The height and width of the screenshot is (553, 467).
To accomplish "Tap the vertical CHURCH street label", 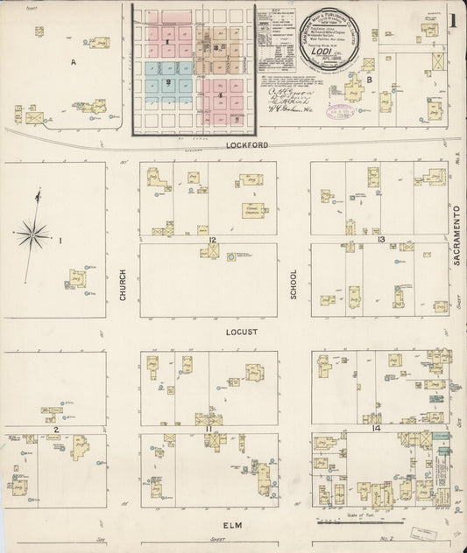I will coord(123,284).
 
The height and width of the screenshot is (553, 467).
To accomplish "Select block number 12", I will coord(213,239).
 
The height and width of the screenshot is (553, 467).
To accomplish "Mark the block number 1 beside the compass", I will coord(60,239).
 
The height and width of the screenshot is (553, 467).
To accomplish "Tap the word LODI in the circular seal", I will coord(323,51).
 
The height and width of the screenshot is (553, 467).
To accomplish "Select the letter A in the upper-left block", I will coord(74,62).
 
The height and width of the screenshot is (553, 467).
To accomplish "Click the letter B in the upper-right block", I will coord(371,80).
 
